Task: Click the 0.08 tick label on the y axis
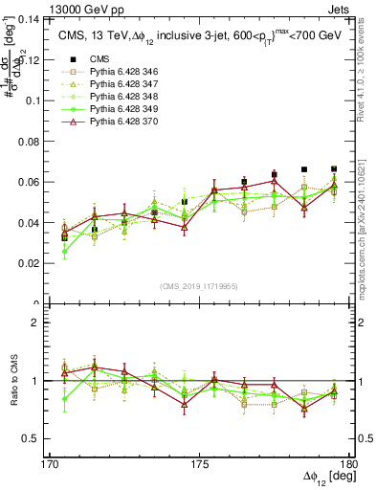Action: point(33,141)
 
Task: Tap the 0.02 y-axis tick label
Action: point(33,263)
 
